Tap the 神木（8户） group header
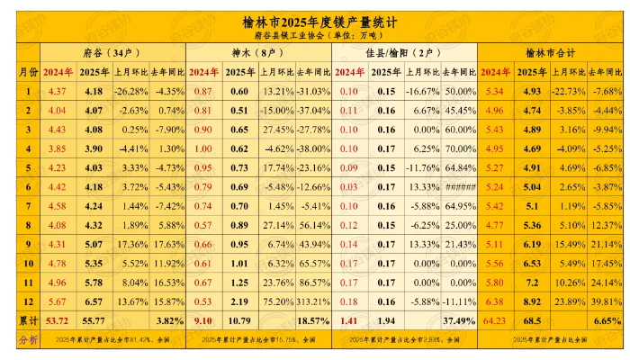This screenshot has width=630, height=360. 259,52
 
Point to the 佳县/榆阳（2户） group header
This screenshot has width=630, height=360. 405,52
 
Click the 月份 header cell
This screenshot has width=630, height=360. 28,70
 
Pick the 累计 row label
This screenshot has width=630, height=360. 28,321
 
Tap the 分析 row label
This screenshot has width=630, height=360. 28,339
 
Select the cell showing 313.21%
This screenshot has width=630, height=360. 314,301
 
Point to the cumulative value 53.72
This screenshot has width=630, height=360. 58,321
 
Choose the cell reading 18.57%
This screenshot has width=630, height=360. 314,321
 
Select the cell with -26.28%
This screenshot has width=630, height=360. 131,91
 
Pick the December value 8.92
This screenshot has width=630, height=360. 532,301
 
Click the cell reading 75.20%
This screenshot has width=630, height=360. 276,301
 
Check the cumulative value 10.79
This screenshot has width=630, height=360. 239,321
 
